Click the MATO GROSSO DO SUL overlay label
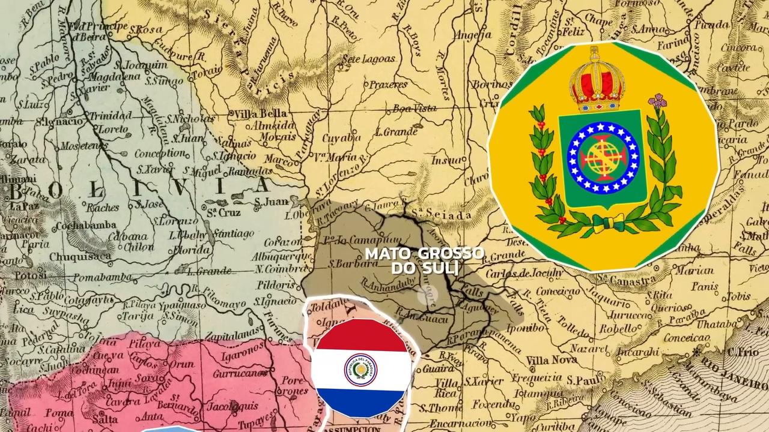click(425, 260)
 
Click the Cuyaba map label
click(341, 137)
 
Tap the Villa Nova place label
click(551, 360)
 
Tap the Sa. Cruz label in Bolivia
click(223, 212)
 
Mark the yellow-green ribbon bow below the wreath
click(604, 223)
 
